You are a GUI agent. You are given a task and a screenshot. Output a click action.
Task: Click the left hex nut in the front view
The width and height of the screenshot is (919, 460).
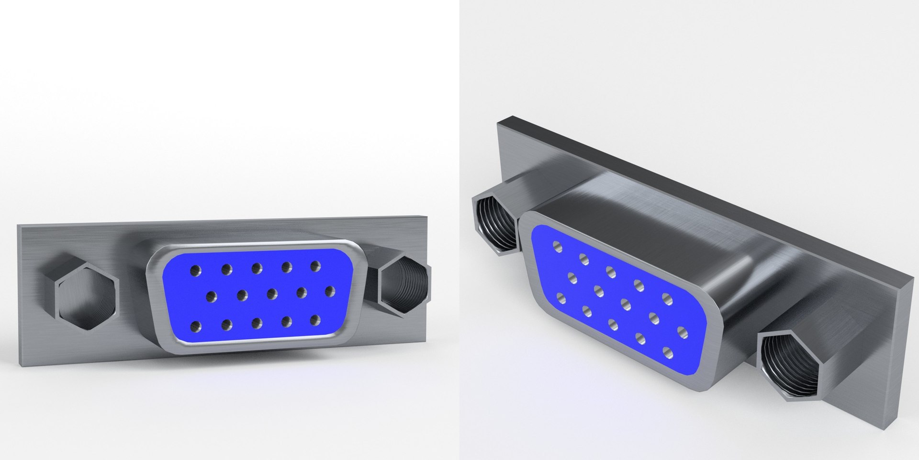pyautogui.click(x=86, y=297)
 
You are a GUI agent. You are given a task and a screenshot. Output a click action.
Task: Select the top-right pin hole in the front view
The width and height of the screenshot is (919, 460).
pyautogui.click(x=315, y=266)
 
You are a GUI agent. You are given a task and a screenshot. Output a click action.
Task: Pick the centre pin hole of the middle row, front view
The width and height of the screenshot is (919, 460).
pyautogui.click(x=272, y=293)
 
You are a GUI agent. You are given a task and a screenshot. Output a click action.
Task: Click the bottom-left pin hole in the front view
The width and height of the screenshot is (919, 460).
pyautogui.click(x=195, y=327)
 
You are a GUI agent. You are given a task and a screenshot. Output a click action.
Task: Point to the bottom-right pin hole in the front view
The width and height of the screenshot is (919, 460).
pyautogui.click(x=315, y=320)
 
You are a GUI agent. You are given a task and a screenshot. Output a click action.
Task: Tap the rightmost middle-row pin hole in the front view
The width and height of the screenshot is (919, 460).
pyautogui.click(x=330, y=291)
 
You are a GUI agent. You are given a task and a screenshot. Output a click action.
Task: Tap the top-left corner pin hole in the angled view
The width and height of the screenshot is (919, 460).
pyautogui.click(x=557, y=246)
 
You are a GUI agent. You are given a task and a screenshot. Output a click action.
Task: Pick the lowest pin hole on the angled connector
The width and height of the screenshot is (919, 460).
pyautogui.click(x=668, y=354)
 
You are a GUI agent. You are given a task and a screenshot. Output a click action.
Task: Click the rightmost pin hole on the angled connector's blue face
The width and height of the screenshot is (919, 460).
pyautogui.click(x=683, y=331)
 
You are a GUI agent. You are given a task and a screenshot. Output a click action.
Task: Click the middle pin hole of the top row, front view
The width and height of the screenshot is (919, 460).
pyautogui.click(x=257, y=267)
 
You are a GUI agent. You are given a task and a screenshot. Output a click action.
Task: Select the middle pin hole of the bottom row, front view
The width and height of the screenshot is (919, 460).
pyautogui.click(x=257, y=323)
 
